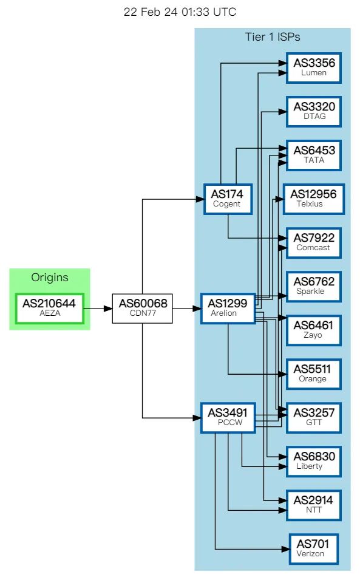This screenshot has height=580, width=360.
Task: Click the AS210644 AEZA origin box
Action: click(50, 309)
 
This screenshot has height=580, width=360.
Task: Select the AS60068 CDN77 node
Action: click(142, 309)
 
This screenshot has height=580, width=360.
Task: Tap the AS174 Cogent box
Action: click(228, 199)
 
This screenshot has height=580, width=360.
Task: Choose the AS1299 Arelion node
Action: click(228, 309)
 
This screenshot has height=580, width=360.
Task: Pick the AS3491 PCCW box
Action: click(228, 418)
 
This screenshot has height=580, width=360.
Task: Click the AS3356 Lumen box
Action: click(314, 67)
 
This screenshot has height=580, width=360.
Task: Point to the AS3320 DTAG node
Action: click(314, 111)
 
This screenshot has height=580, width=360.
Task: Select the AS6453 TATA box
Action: click(314, 155)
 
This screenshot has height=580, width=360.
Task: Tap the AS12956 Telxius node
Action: click(314, 199)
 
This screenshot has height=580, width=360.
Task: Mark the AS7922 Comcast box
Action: click(314, 243)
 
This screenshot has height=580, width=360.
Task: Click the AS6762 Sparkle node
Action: click(314, 287)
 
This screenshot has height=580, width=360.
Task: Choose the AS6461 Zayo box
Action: click(314, 330)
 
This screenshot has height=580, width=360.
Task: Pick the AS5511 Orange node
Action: click(314, 374)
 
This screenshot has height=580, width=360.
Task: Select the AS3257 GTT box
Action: click(314, 418)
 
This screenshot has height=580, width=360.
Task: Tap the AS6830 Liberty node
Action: click(314, 462)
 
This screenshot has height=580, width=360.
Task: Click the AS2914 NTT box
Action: click(314, 505)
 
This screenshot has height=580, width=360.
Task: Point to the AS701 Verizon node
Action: click(314, 549)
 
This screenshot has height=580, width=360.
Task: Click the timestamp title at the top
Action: click(180, 12)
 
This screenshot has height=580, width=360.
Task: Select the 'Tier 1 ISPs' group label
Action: click(273, 36)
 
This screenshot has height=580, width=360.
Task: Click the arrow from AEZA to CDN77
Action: click(98, 309)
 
